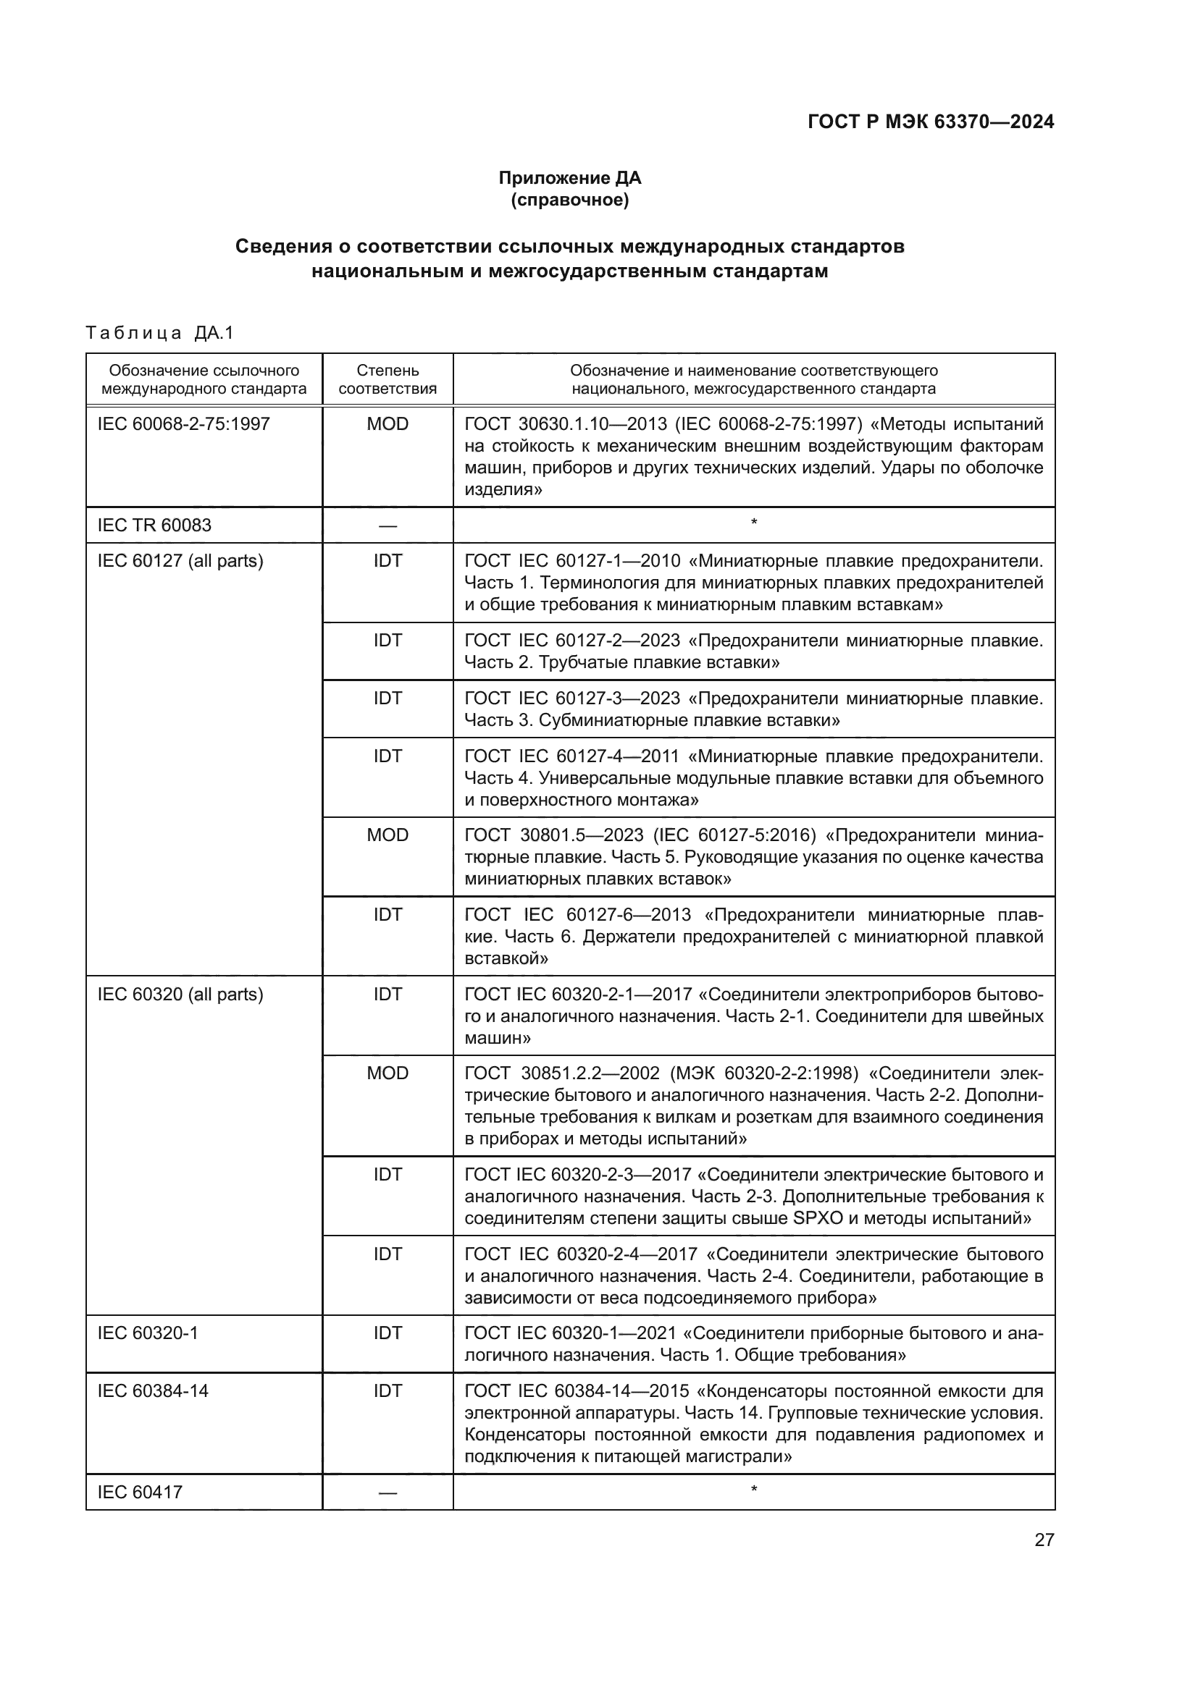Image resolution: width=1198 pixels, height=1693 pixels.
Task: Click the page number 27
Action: [x=1044, y=1540]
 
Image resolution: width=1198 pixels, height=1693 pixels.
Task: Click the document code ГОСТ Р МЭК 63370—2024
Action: [x=931, y=122]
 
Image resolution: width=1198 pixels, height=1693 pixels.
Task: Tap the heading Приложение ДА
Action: [x=569, y=178]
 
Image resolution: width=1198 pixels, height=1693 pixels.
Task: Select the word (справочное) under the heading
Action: [x=569, y=200]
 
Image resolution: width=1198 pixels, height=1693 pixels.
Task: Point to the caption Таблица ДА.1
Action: [x=159, y=333]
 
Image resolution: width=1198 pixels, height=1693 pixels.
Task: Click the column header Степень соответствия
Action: [x=388, y=379]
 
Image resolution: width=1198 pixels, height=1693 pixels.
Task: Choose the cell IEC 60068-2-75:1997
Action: [x=184, y=424]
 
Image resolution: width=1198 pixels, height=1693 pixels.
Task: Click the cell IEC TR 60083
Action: [x=154, y=525]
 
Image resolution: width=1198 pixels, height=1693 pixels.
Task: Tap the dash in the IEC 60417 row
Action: [x=388, y=1493]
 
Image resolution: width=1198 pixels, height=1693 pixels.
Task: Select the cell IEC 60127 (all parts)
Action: [x=180, y=561]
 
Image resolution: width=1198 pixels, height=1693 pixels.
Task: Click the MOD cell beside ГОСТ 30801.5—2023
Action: [x=388, y=835]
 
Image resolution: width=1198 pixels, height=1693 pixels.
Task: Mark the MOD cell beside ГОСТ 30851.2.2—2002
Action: [x=388, y=1073]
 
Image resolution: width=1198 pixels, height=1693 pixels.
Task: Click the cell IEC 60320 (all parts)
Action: [x=180, y=994]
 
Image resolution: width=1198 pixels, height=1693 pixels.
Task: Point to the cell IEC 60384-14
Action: [x=153, y=1390]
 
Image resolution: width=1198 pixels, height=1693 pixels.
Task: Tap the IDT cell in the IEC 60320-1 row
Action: [x=388, y=1333]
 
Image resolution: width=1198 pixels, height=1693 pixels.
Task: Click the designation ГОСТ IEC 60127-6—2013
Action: [x=577, y=915]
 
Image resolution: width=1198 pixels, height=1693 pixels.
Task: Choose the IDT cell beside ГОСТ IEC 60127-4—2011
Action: [x=388, y=756]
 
